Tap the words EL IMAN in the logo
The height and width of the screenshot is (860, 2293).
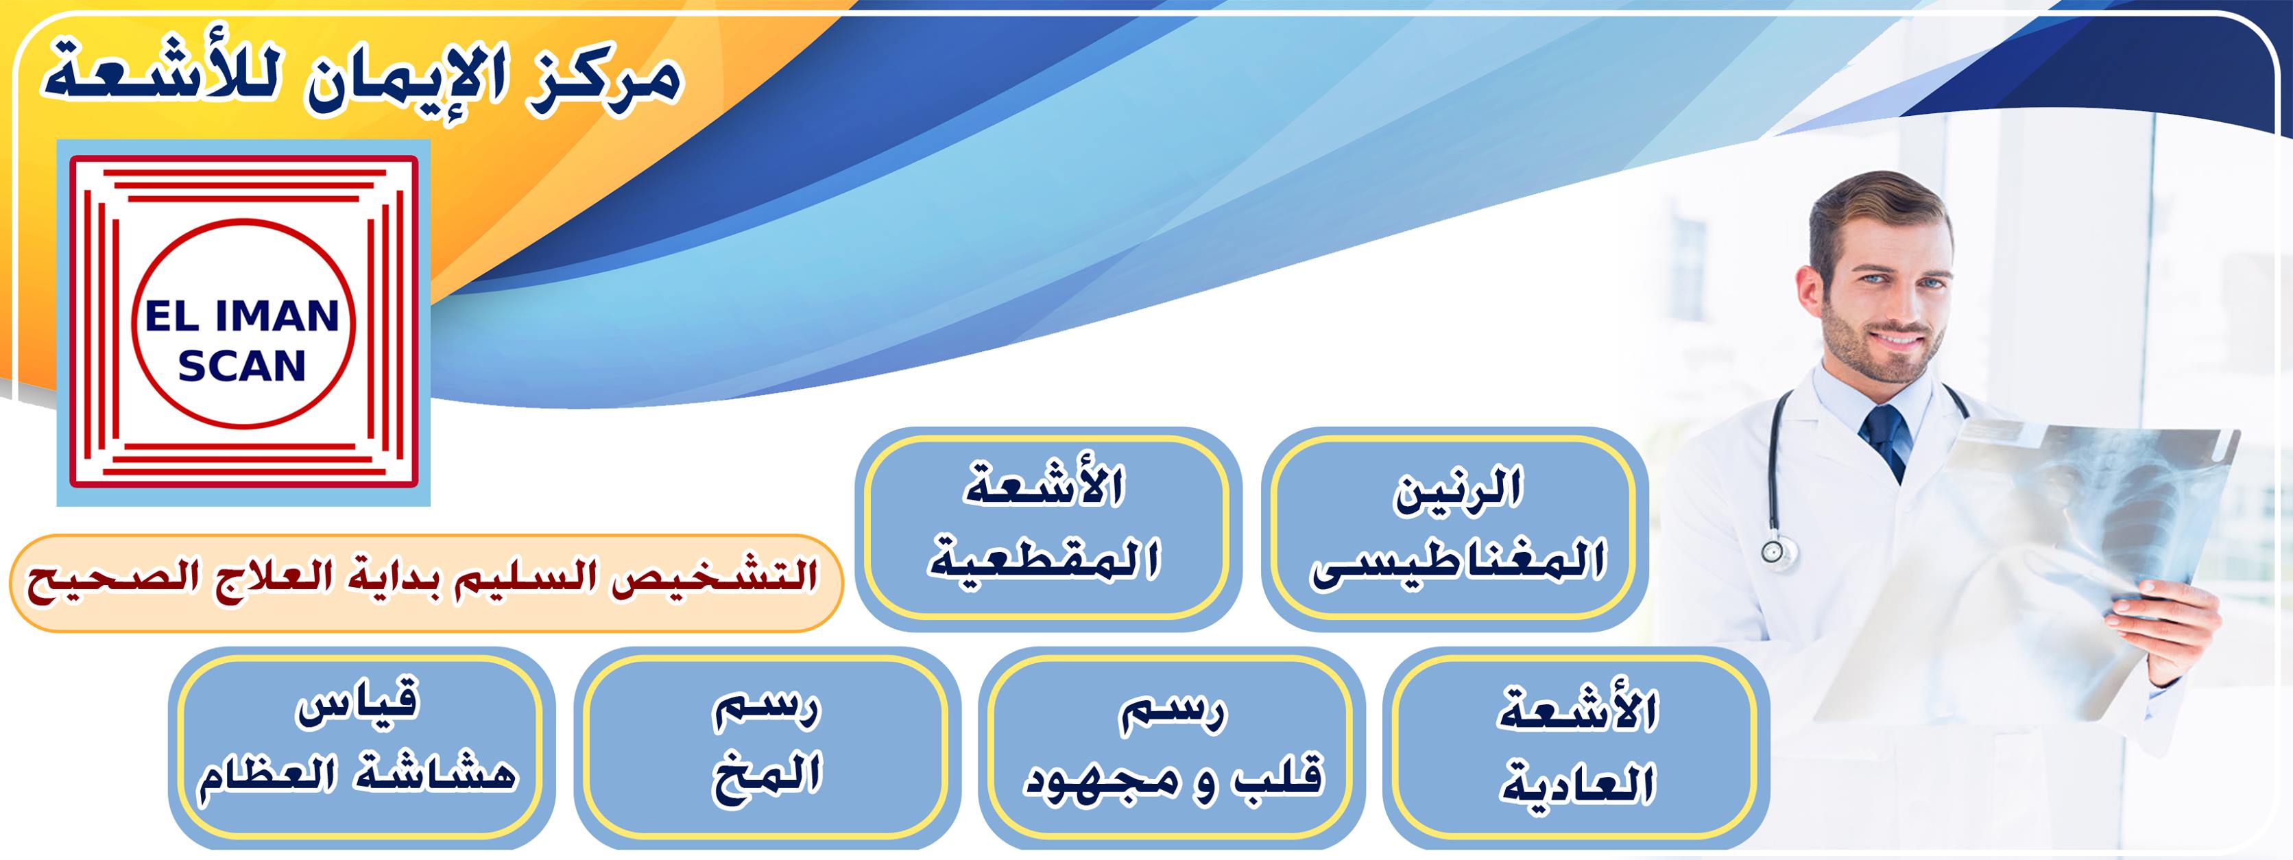tap(242, 316)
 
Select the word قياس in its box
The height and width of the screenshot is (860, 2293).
tap(357, 704)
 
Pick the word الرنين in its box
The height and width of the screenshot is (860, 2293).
tap(1458, 489)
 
